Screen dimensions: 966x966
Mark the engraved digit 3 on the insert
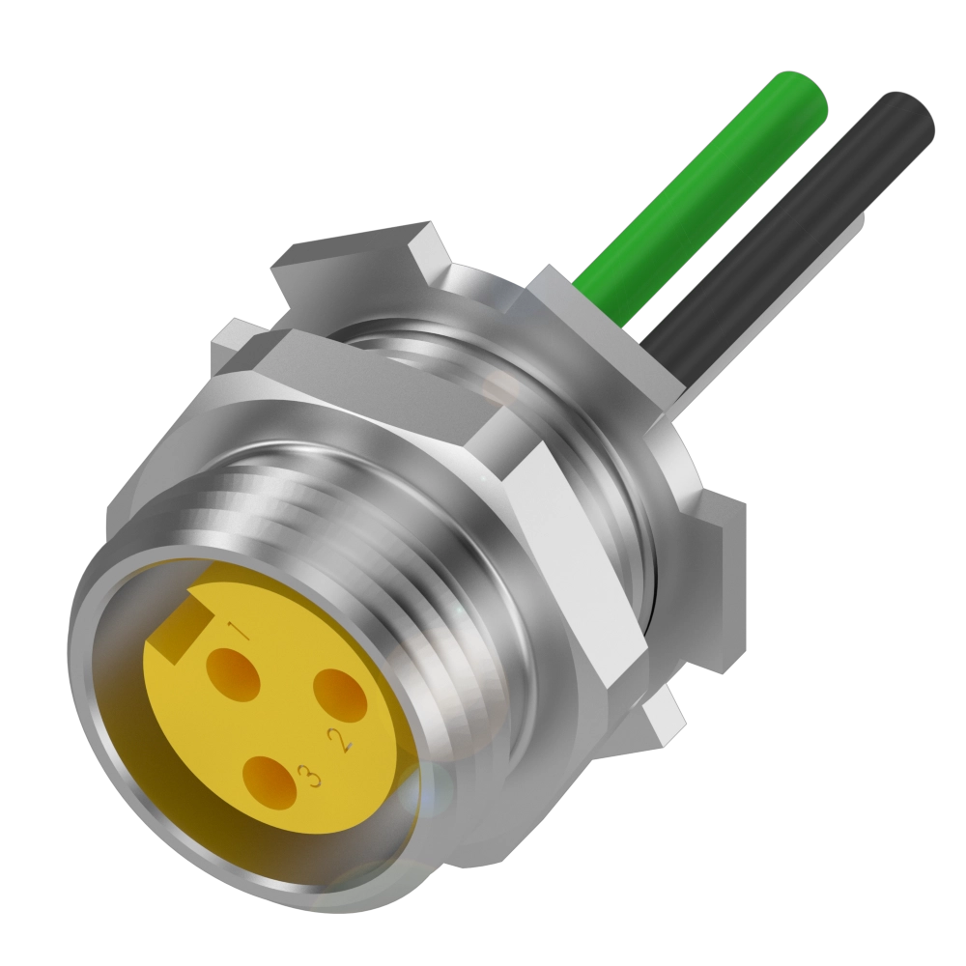click(308, 775)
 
